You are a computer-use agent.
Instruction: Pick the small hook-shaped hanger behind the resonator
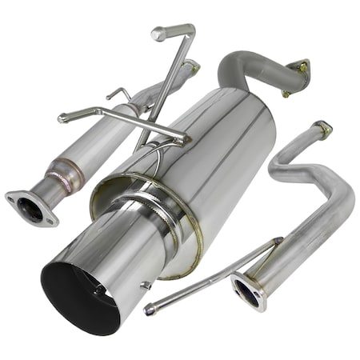pos(118,94)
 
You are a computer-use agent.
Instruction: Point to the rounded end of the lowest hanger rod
pos(150,309)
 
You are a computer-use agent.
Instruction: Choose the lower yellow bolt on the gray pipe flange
pos(286,93)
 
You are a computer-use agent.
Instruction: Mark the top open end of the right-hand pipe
pos(322,127)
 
